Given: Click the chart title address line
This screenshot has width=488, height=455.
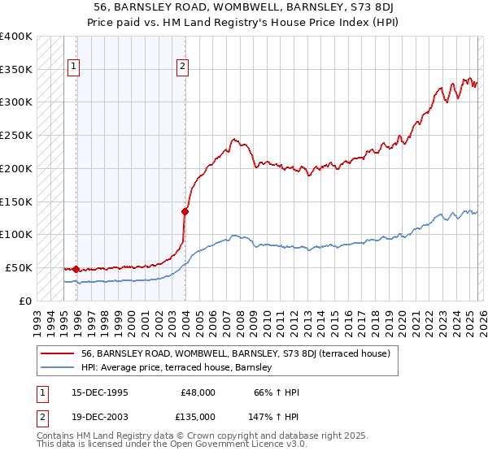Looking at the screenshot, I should click(x=244, y=7).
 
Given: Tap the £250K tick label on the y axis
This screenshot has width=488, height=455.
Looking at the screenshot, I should click(x=16, y=135).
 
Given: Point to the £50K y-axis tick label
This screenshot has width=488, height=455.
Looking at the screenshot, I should click(x=19, y=267).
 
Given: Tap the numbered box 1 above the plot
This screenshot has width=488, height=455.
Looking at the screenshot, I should click(x=74, y=67).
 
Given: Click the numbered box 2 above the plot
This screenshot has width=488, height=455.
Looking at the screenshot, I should click(x=182, y=67).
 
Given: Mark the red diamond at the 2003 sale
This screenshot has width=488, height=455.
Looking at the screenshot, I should click(x=185, y=211).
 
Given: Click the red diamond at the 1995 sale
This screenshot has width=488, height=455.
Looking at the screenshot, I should click(x=76, y=269).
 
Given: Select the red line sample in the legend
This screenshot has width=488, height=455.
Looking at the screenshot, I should click(x=57, y=353).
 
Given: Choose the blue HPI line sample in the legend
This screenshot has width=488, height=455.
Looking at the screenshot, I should click(x=57, y=367).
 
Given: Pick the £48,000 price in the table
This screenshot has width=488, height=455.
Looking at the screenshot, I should click(x=198, y=392).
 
